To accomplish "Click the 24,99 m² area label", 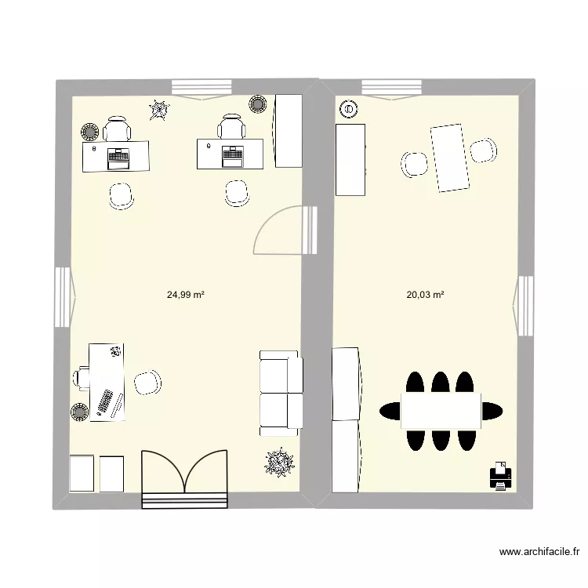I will (185, 296).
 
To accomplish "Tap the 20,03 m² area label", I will (425, 296).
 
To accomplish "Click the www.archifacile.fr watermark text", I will (543, 552).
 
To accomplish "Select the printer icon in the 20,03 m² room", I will (500, 475).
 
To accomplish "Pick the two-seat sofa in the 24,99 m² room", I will (280, 393).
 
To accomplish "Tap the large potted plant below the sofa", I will (278, 463).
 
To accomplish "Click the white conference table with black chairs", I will (441, 410).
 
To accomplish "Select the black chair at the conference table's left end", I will (390, 410).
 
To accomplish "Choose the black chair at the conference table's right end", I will (492, 410).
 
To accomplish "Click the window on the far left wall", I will (62, 296).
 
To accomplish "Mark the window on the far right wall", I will (524, 305).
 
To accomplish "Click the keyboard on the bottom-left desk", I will (104, 403).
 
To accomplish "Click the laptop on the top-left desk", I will (118, 157).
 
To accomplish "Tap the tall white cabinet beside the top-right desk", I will (288, 129).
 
